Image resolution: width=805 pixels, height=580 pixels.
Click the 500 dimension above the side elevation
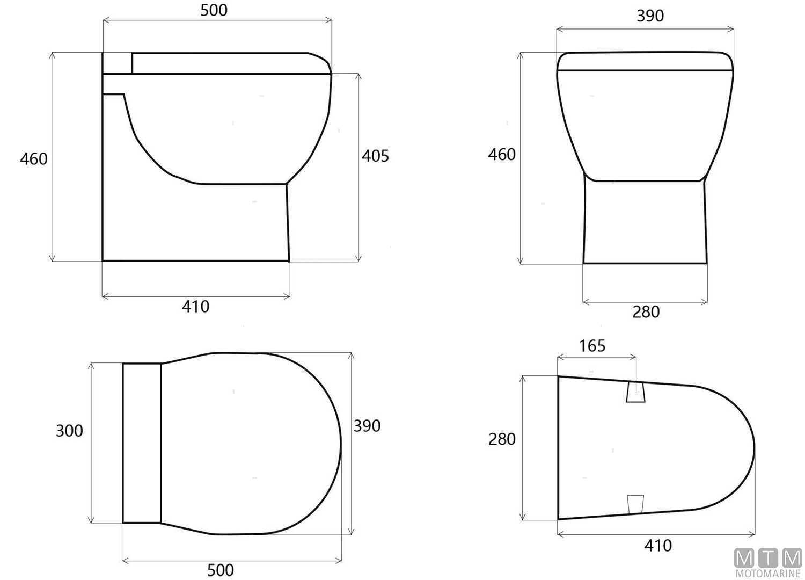coord(214,10)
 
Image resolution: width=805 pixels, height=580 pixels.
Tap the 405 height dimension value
coord(375,156)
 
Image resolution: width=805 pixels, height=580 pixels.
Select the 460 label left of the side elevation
coord(33,159)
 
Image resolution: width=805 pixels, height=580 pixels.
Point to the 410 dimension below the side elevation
coord(195,307)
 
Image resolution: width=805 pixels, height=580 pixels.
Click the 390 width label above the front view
coord(650,16)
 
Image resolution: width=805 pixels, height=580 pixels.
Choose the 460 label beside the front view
coord(501,155)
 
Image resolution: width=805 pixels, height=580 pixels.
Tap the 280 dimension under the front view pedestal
coord(646,312)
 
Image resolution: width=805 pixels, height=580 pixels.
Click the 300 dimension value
coord(69,431)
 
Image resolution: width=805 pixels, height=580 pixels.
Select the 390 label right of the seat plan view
coord(367,426)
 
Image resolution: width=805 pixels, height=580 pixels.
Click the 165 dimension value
coord(592,346)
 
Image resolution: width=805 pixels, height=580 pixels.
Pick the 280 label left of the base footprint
coord(501,439)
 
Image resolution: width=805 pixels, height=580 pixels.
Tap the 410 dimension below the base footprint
coord(657,546)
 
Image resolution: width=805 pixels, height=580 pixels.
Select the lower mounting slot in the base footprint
coord(635,503)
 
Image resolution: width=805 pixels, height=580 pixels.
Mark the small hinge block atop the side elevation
coord(117,63)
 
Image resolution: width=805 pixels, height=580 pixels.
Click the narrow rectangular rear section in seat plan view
coord(142,443)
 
